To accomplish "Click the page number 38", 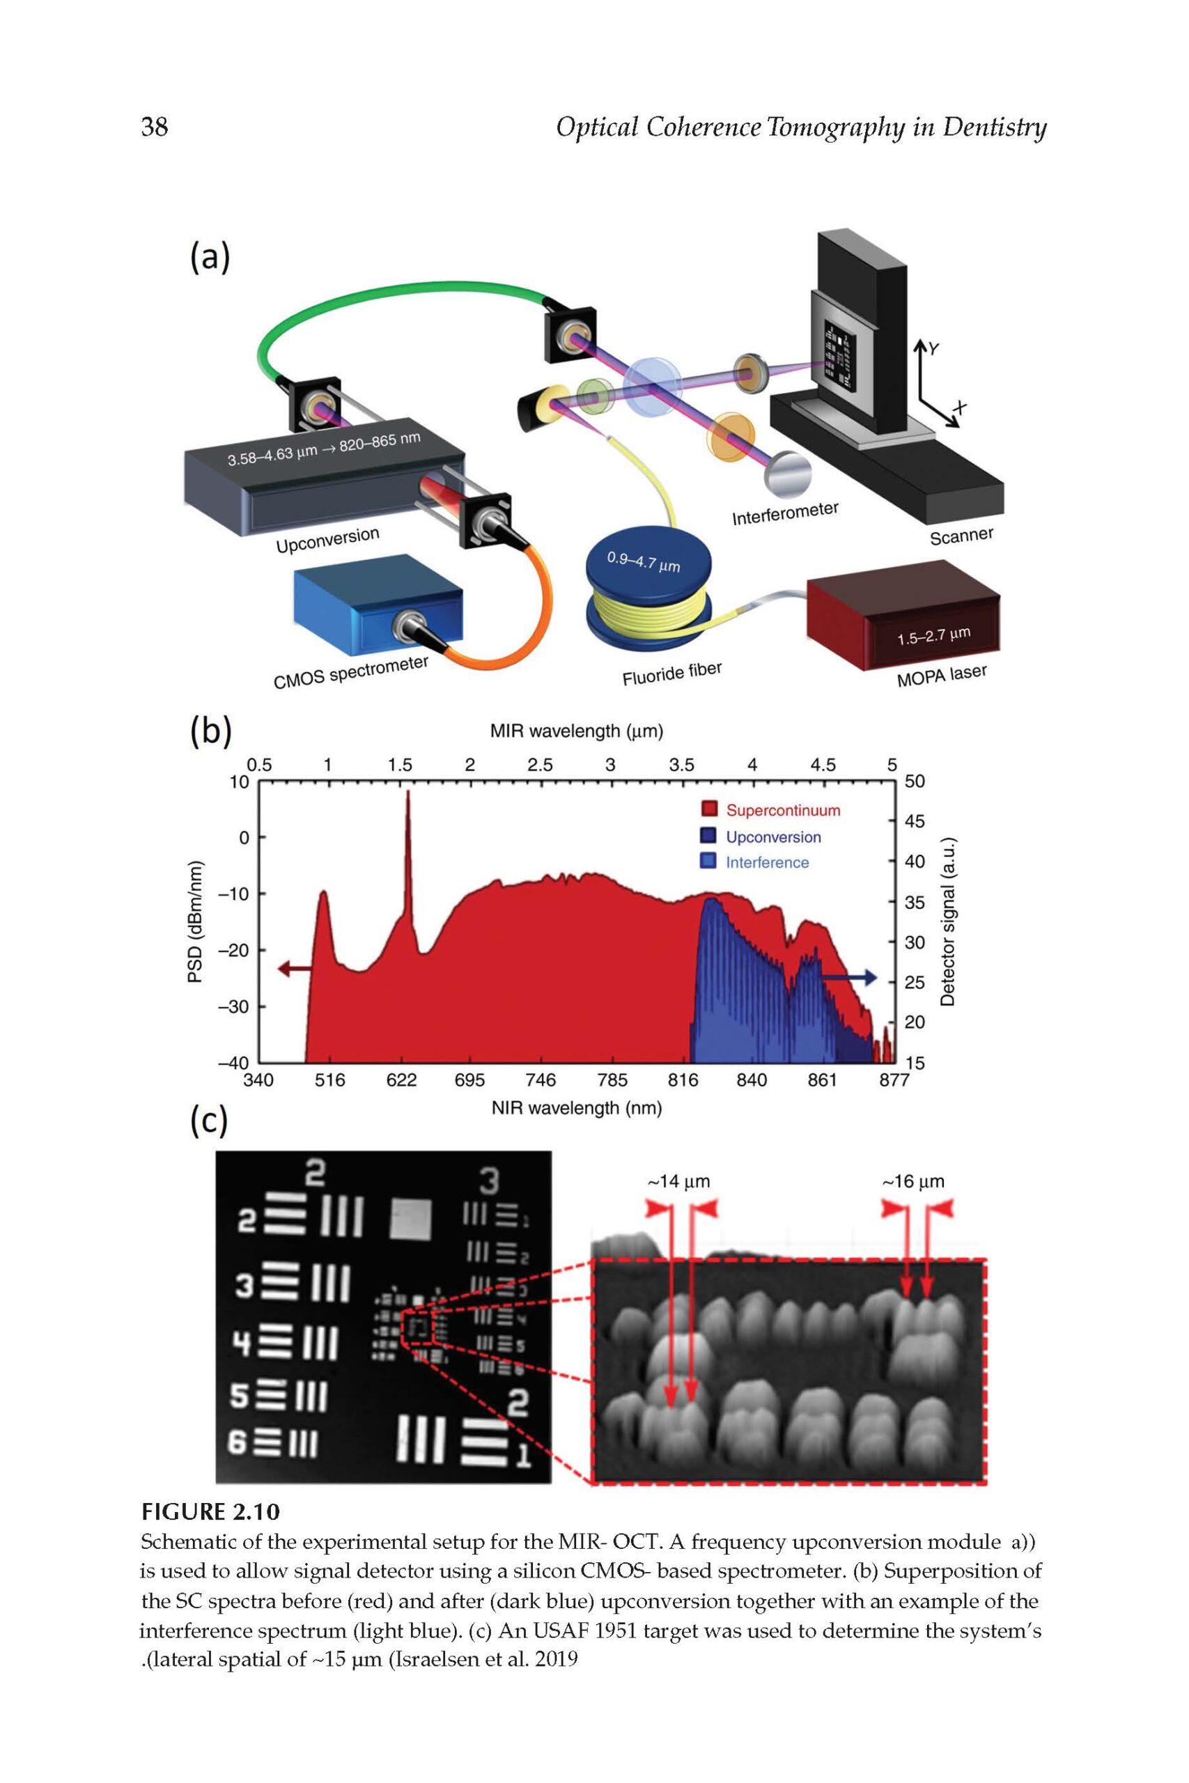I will click(x=155, y=127).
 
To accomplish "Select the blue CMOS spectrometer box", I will click(x=379, y=604).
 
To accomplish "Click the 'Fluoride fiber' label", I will click(x=672, y=674).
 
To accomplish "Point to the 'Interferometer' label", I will click(x=785, y=513).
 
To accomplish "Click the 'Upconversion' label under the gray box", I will click(x=327, y=539).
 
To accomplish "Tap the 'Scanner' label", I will click(x=961, y=536).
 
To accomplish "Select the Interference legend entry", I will click(x=767, y=862).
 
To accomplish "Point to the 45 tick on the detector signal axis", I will click(x=915, y=821).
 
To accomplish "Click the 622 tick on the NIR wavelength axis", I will click(x=401, y=1080).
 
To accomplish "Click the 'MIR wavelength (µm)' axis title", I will click(x=576, y=731).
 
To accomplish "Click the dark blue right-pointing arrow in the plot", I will click(x=849, y=978).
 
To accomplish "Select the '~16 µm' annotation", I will click(x=913, y=1181).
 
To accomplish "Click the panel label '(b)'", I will click(x=210, y=735).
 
